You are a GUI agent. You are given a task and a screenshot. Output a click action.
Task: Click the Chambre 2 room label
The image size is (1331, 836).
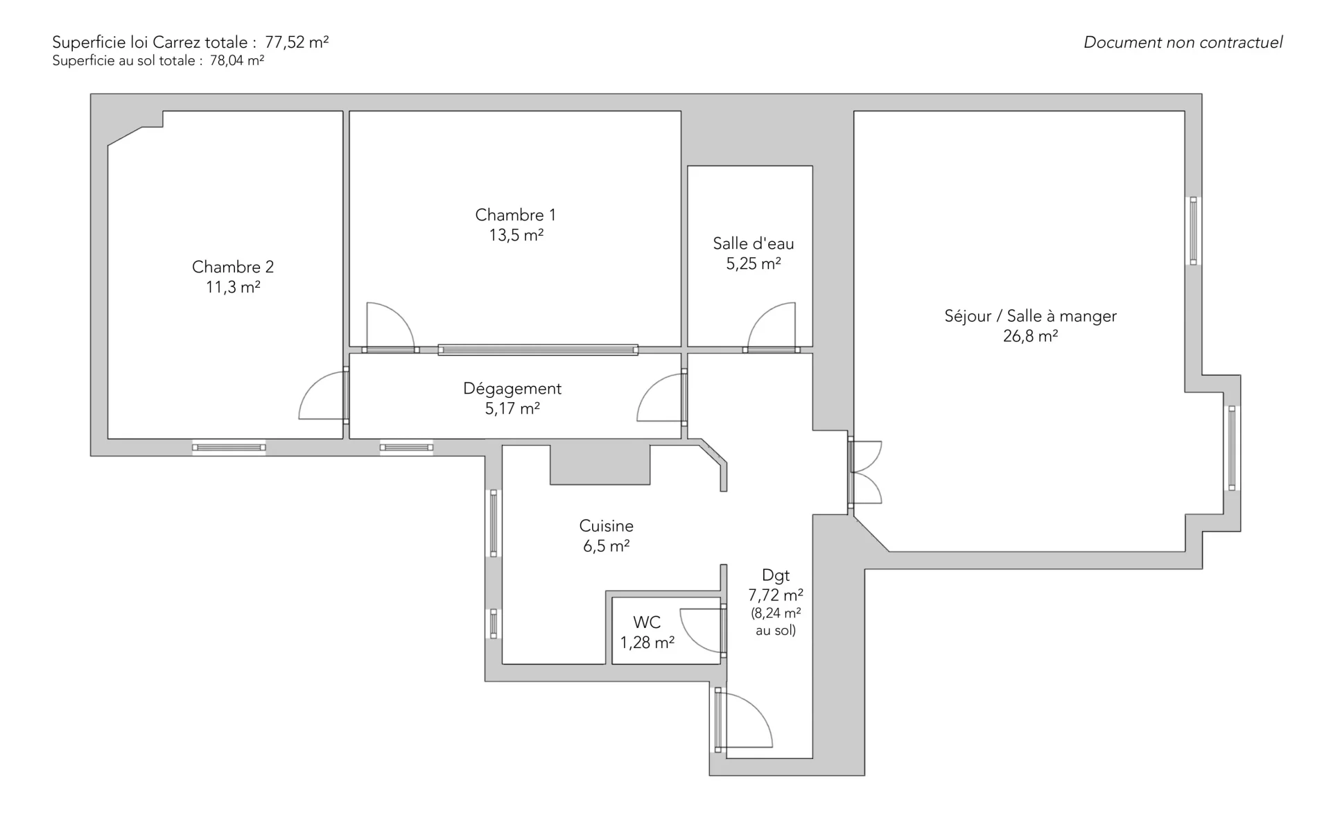pyautogui.click(x=233, y=267)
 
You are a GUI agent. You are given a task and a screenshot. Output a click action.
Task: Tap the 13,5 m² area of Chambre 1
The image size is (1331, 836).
pyautogui.click(x=516, y=236)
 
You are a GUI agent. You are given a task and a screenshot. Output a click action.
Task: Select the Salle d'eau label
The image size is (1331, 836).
pyautogui.click(x=754, y=244)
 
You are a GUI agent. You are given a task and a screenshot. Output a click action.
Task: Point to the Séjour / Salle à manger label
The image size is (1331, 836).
pyautogui.click(x=1030, y=316)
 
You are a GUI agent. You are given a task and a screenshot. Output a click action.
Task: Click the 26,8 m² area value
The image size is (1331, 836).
pyautogui.click(x=1030, y=336)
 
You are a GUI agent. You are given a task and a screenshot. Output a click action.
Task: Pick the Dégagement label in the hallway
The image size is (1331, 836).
pyautogui.click(x=512, y=389)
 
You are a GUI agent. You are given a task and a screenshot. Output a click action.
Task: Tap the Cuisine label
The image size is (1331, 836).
pyautogui.click(x=607, y=526)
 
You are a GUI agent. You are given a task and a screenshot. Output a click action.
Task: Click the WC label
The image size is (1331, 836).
pyautogui.click(x=647, y=622)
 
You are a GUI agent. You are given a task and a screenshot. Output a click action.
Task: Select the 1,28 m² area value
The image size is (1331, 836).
pyautogui.click(x=647, y=643)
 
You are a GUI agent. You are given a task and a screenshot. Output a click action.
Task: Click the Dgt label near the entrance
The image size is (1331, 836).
pyautogui.click(x=776, y=575)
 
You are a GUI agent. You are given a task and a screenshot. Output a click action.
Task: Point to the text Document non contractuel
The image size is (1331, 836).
pyautogui.click(x=1183, y=42)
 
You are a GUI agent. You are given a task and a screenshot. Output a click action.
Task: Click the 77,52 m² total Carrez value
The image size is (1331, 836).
pyautogui.click(x=297, y=42)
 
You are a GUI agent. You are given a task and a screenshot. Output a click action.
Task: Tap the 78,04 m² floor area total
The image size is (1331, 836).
pyautogui.click(x=237, y=61)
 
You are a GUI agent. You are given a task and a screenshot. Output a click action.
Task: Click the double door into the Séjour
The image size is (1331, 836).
pyautogui.click(x=864, y=472)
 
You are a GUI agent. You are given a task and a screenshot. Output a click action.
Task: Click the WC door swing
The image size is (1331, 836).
pyautogui.click(x=702, y=629)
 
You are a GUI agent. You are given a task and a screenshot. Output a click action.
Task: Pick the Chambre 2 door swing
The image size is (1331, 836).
pyautogui.click(x=322, y=397)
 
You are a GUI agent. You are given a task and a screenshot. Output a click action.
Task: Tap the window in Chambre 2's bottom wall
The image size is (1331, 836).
pyautogui.click(x=229, y=448)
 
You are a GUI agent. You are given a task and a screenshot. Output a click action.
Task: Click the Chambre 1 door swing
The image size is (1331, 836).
pyautogui.click(x=389, y=325)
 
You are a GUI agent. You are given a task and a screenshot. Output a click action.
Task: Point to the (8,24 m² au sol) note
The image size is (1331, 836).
pyautogui.click(x=776, y=622)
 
